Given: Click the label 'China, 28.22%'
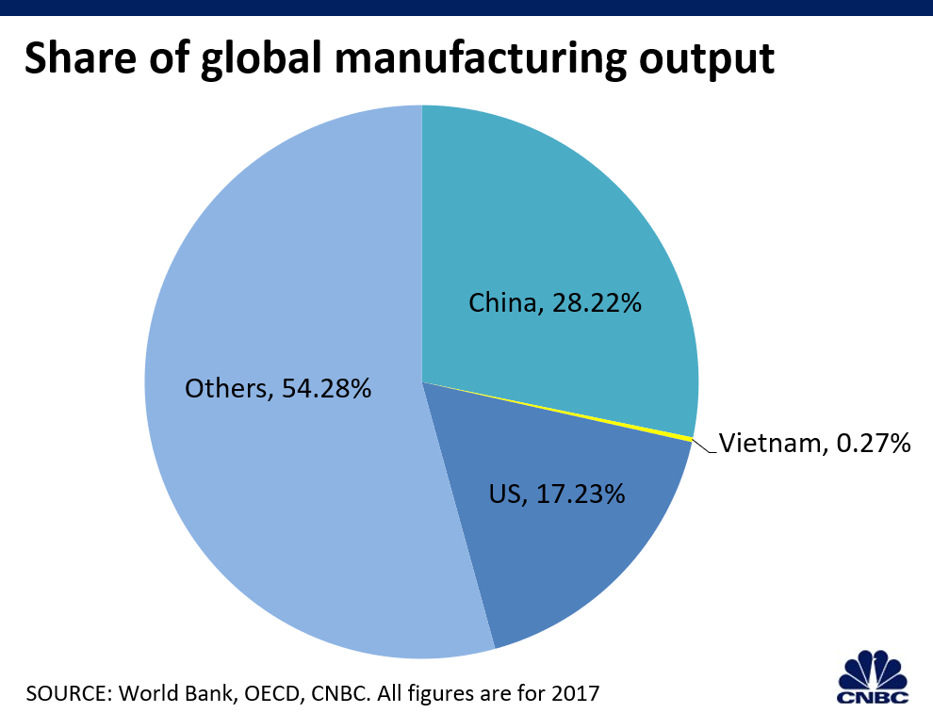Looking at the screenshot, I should coord(555,303).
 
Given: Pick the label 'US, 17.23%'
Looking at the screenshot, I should coord(556,493).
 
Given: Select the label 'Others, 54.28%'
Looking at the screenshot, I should coord(278,387).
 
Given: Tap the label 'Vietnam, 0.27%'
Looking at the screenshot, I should coord(814,443).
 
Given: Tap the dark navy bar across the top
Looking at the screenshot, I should coord(466,8).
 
